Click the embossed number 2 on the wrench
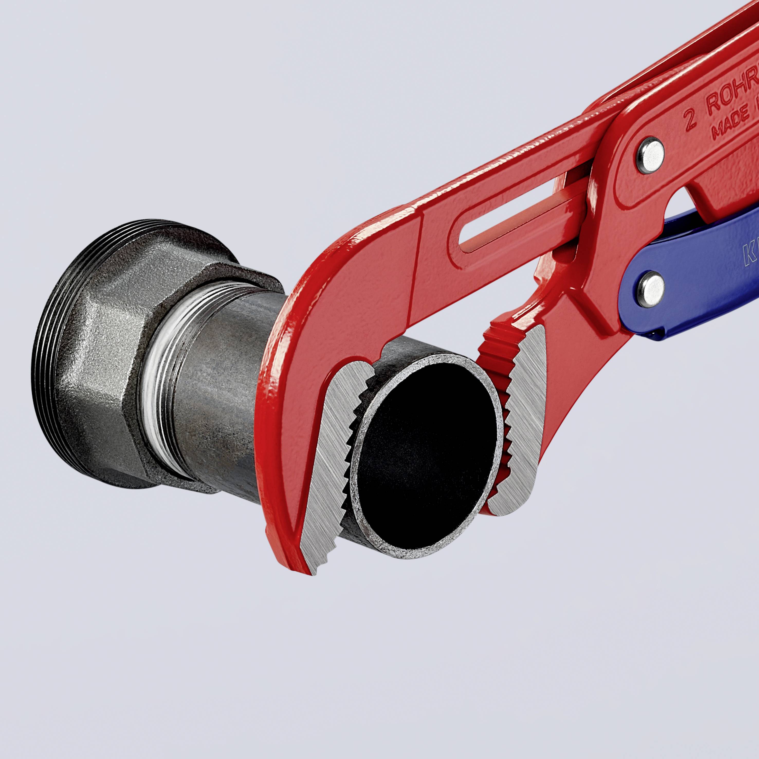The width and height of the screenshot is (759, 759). click(x=690, y=119)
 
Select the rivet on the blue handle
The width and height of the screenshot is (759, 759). click(x=650, y=289)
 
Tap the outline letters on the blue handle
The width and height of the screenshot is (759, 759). click(x=748, y=257)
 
